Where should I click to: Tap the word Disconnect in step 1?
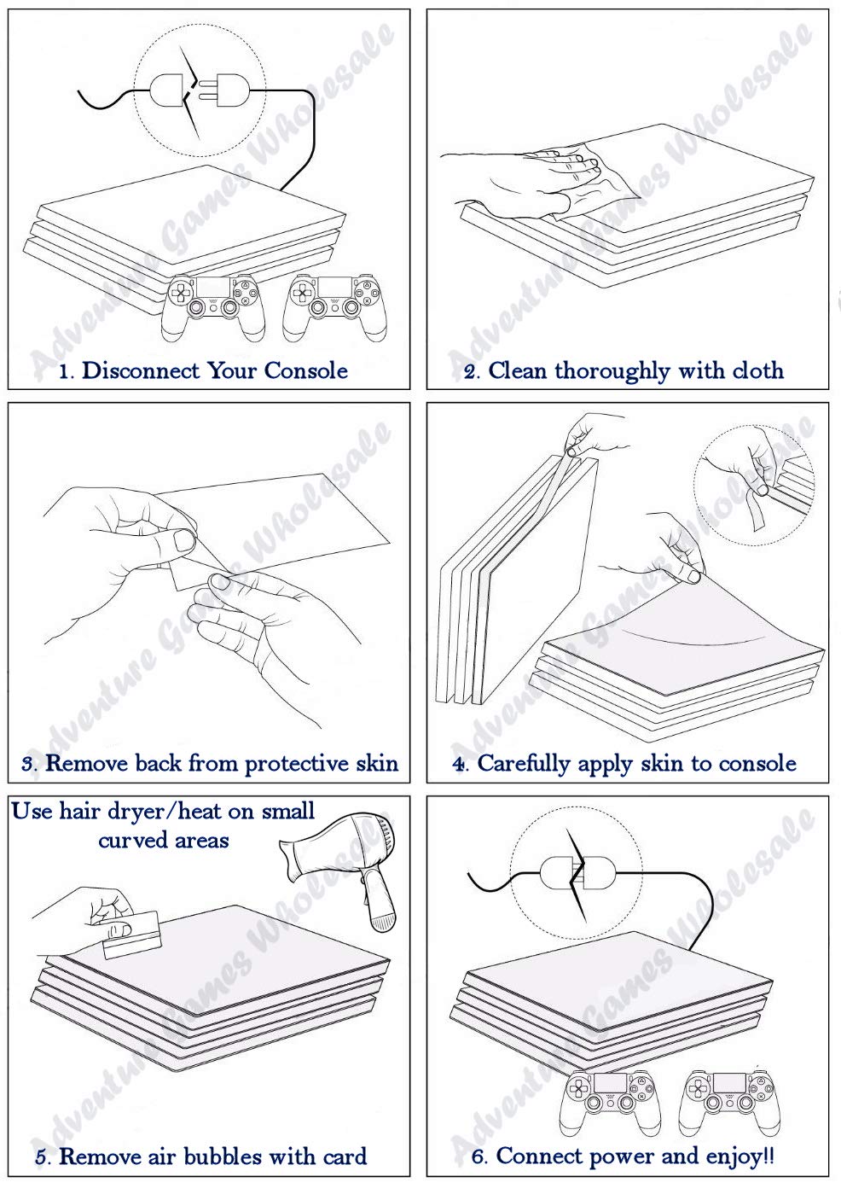tap(141, 370)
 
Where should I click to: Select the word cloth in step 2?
tap(757, 370)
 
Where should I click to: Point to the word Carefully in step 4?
tap(524, 764)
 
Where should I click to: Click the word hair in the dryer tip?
tap(80, 812)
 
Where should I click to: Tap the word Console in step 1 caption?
tap(305, 370)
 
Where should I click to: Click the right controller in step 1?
tap(334, 306)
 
